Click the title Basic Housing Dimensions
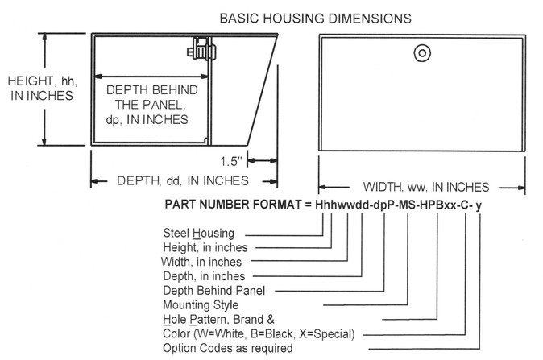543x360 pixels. (x=316, y=19)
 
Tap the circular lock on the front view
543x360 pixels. (x=422, y=53)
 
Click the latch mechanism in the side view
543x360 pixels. (x=201, y=49)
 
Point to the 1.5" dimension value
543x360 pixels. (x=231, y=161)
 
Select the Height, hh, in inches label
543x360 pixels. (x=42, y=89)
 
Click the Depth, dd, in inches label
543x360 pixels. (x=183, y=180)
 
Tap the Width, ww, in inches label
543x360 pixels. (x=426, y=188)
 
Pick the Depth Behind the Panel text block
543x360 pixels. (x=151, y=105)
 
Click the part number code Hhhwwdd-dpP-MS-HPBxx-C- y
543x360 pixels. (x=398, y=205)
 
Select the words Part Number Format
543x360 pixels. (x=233, y=205)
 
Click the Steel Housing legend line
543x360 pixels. (x=198, y=234)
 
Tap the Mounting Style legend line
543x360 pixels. (x=201, y=305)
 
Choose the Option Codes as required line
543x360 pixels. (x=228, y=348)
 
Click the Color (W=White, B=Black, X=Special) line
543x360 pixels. (x=259, y=333)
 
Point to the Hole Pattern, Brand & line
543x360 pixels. (x=218, y=319)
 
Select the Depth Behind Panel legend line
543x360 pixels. (x=214, y=291)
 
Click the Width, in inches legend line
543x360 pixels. (x=201, y=262)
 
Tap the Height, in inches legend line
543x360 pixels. (x=205, y=247)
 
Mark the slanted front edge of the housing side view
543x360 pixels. (x=262, y=89)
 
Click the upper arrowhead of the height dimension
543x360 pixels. (x=44, y=37)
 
